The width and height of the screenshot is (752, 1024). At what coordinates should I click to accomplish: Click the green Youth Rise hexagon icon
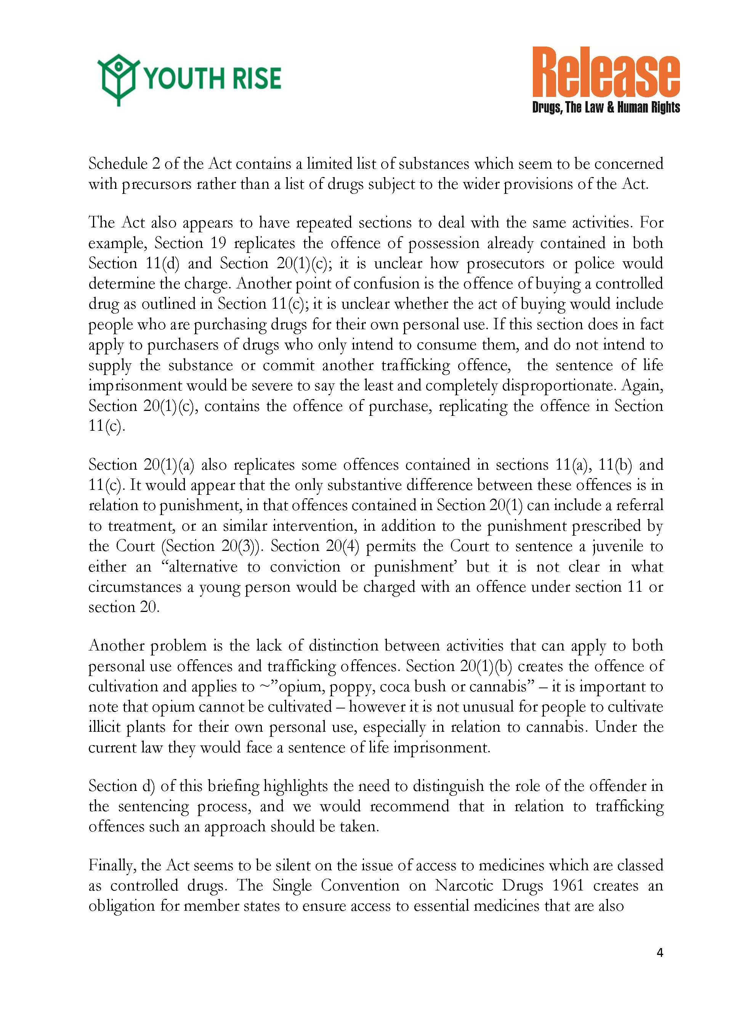[x=117, y=79]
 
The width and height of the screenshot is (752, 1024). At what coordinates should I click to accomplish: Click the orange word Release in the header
[x=606, y=73]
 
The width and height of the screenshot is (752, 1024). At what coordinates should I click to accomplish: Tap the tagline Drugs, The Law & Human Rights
[x=606, y=108]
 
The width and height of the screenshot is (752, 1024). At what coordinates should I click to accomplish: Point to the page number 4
[x=660, y=952]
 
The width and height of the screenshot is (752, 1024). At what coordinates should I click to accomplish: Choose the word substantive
[x=364, y=485]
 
